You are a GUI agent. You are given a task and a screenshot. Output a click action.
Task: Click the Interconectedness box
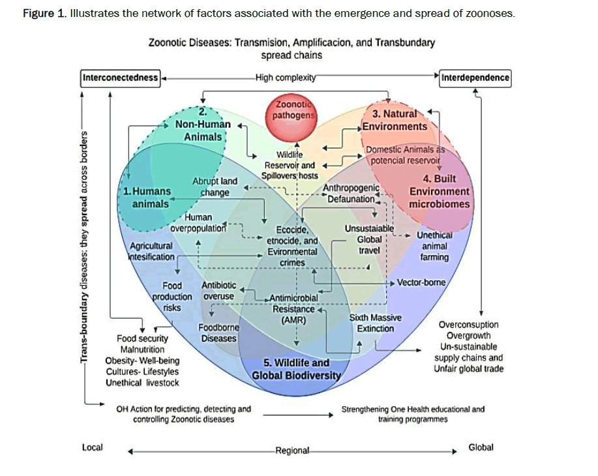point(120,78)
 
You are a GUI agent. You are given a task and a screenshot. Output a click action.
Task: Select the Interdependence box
point(475,78)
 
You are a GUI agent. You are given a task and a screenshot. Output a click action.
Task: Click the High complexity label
point(286,78)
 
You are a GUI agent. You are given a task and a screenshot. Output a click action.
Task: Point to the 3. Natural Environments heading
point(395,121)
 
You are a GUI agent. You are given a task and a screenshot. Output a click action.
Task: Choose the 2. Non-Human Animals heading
point(203,125)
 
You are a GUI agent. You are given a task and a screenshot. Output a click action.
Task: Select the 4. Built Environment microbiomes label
point(439,191)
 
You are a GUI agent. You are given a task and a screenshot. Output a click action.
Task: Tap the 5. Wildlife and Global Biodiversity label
point(297,369)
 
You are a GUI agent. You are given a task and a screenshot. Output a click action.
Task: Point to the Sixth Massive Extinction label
point(376,323)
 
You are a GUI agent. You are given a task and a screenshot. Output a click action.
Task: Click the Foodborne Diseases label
point(218,333)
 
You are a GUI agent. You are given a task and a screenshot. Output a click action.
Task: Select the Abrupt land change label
point(215,186)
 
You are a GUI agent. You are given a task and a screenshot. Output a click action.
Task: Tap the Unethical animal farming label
point(434,246)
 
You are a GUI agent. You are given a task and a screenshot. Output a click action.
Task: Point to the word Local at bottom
point(92,447)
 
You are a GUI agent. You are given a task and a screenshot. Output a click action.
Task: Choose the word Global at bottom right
point(481,447)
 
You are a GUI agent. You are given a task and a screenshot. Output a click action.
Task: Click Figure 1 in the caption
point(45,14)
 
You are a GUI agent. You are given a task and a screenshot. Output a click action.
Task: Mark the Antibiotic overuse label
point(218,291)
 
